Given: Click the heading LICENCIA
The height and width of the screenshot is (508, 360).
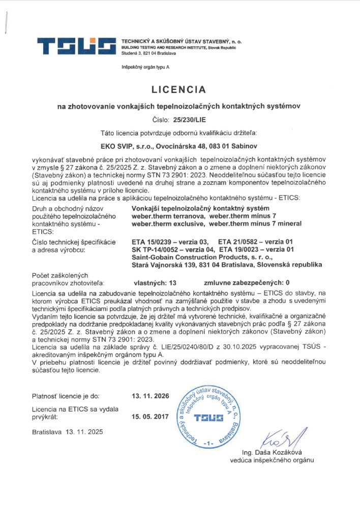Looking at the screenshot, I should point(179,90).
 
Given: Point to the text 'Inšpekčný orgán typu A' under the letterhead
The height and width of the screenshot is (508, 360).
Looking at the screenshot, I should point(145,67).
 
